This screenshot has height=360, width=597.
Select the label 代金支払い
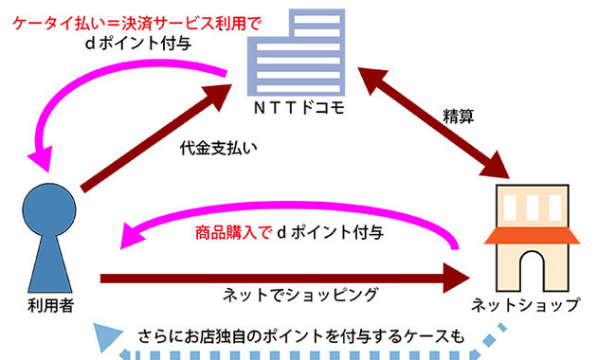pyautogui.click(x=218, y=149)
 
